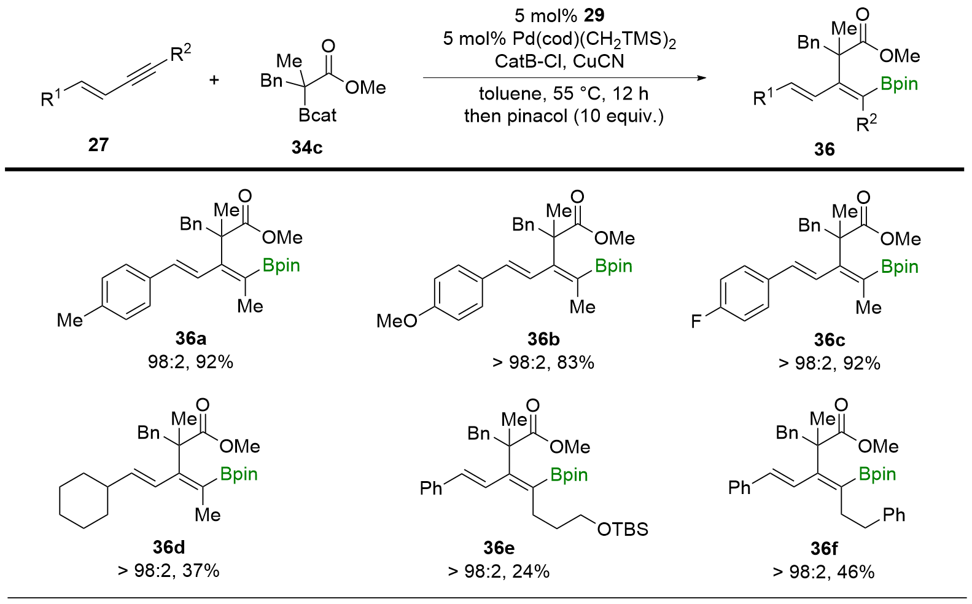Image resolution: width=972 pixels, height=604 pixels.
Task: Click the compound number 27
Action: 98,145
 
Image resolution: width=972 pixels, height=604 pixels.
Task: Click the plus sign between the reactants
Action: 214,80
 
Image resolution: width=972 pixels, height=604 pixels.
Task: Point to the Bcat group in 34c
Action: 317,116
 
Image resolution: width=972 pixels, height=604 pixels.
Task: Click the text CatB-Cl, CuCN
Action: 559,61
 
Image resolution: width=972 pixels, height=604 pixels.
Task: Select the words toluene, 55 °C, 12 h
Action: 564,94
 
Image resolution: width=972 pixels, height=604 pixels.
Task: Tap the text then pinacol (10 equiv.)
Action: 564,116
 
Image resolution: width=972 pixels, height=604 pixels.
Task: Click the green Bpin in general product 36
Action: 899,84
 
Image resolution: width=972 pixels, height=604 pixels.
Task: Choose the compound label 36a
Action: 190,339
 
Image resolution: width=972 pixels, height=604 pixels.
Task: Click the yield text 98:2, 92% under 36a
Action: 190,363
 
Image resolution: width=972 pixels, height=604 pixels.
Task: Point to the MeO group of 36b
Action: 397,320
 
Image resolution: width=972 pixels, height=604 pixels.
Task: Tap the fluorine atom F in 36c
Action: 696,321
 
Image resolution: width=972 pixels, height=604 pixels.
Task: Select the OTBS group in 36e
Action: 623,529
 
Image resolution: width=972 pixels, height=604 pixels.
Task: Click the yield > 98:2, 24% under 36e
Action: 499,571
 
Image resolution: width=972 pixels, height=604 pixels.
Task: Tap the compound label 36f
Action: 824,547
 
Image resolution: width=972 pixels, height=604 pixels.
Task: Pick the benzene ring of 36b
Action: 458,292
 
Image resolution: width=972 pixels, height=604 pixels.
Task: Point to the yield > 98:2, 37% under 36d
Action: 168,571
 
